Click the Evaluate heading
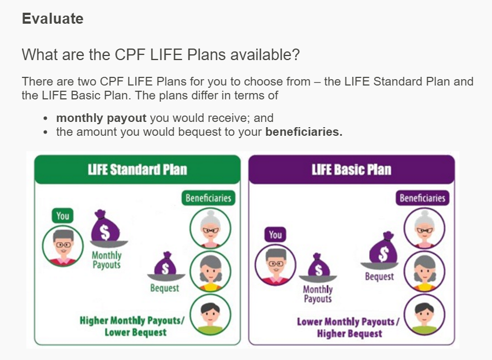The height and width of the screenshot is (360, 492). pyautogui.click(x=53, y=19)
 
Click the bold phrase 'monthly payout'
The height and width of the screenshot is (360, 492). pyautogui.click(x=101, y=118)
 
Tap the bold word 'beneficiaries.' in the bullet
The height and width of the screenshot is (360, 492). pyautogui.click(x=304, y=132)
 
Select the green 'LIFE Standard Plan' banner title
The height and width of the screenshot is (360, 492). pyautogui.click(x=137, y=170)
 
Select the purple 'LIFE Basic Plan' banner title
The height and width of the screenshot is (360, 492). pyautogui.click(x=351, y=170)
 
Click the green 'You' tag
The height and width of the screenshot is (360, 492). pyautogui.click(x=62, y=216)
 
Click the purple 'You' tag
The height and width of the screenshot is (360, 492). pyautogui.click(x=275, y=235)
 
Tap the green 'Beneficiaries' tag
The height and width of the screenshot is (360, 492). pyautogui.click(x=208, y=198)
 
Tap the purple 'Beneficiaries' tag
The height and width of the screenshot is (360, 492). pyautogui.click(x=423, y=198)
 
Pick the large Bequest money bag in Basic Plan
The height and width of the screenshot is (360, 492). pyautogui.click(x=381, y=249)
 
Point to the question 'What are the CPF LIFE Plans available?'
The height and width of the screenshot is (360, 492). pyautogui.click(x=161, y=55)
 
